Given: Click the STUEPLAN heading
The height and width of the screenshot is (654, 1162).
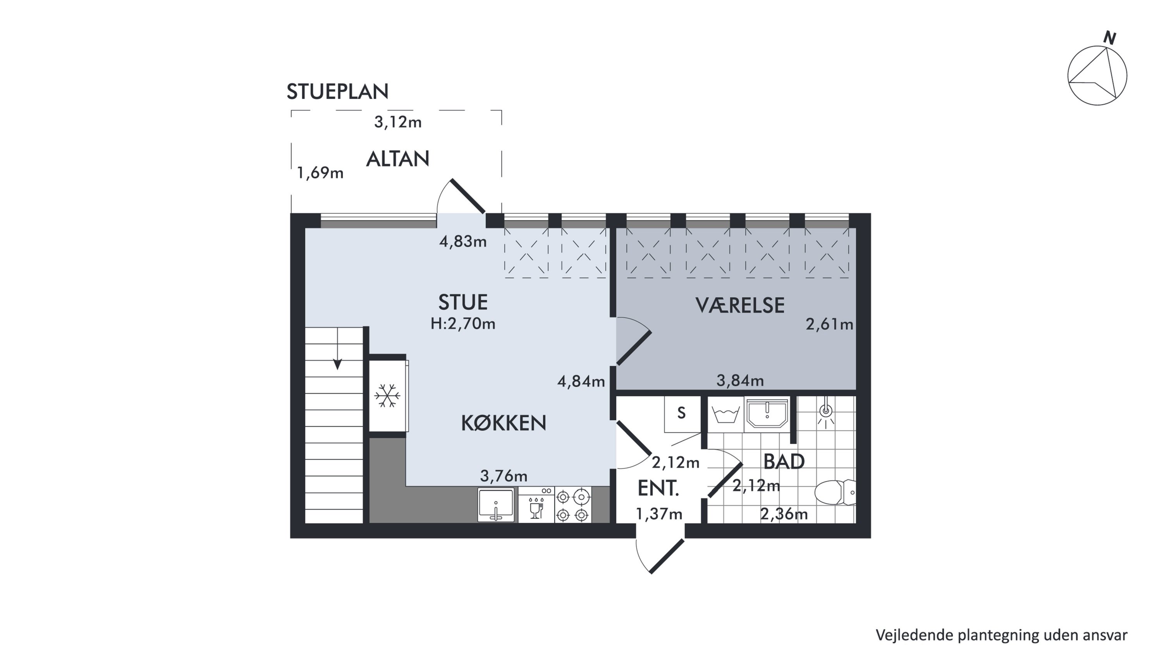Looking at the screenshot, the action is [337, 91].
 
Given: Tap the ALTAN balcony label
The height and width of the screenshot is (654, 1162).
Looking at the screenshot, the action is [397, 159].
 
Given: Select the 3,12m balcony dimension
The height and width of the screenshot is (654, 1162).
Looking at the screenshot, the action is [398, 122].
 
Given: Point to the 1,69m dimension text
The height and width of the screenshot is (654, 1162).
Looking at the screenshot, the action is [320, 173].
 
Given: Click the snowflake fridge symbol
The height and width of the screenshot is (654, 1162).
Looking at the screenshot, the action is [387, 395].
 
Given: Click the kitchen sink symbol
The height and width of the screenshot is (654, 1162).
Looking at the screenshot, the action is [496, 505].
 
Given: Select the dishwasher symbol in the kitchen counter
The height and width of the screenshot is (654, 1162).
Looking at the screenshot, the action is [536, 505].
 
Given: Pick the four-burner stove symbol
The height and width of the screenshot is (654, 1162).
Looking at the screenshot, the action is [573, 505].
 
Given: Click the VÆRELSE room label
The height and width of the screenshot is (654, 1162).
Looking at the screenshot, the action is [740, 305].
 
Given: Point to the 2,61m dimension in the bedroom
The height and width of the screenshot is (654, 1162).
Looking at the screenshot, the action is [830, 324].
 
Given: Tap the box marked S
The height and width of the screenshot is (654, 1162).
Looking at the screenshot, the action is [682, 413].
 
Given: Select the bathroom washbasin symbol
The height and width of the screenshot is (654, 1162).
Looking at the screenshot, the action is [767, 412].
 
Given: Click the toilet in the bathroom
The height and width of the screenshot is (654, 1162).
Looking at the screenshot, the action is [835, 492].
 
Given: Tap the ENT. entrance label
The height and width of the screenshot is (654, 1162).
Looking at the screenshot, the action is [658, 488].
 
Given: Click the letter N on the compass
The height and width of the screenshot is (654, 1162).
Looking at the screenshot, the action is [1110, 38].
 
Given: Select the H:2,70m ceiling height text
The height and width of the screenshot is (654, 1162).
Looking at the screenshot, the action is [463, 324].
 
